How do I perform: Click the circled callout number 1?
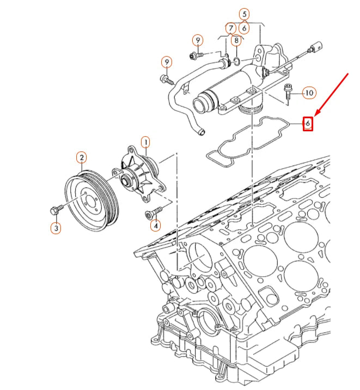[x=145, y=143]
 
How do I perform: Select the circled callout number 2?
[x=81, y=159]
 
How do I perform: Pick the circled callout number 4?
[x=156, y=224]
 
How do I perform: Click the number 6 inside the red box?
[x=308, y=124]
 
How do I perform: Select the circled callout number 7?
[x=231, y=27]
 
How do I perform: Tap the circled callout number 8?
[x=236, y=40]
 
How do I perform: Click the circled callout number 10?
[x=309, y=93]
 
